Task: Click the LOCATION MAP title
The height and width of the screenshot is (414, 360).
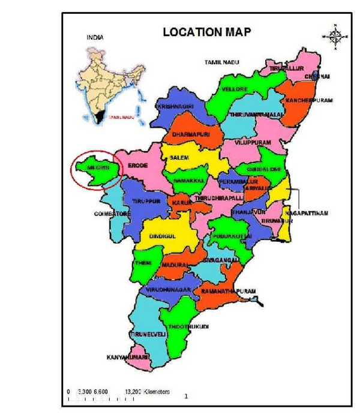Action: click(207, 32)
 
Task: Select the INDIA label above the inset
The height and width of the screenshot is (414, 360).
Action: click(95, 37)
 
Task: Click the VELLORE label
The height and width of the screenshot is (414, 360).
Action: click(235, 89)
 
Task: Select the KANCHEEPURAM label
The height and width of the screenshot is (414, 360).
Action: click(308, 100)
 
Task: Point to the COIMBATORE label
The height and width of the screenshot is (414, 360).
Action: click(111, 214)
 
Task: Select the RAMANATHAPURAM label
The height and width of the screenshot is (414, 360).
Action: click(229, 291)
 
